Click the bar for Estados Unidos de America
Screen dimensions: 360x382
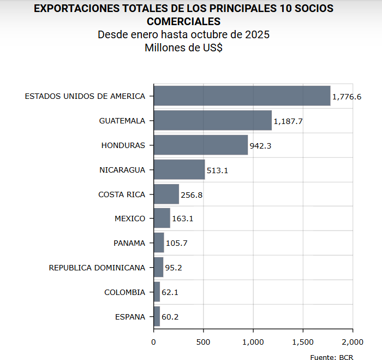tap(242, 96)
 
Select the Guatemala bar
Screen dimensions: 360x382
tap(212, 120)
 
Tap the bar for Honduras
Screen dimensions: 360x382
tap(200, 145)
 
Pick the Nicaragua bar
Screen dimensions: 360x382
tap(179, 169)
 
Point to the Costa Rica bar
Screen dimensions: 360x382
tap(166, 194)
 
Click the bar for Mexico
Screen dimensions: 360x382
tap(162, 219)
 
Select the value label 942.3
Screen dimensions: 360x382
tap(260, 146)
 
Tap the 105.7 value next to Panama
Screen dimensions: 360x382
tap(176, 243)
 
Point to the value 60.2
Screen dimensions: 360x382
tap(170, 317)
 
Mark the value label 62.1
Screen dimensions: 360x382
tap(170, 292)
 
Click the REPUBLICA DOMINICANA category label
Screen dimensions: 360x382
tap(97, 268)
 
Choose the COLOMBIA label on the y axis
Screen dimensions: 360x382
tap(125, 292)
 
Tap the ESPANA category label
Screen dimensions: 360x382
tap(130, 317)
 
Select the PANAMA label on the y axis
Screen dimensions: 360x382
tap(129, 243)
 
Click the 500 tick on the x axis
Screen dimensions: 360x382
tap(204, 342)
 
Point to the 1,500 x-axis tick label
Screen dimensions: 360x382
tap(303, 342)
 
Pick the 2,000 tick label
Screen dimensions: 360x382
tap(353, 342)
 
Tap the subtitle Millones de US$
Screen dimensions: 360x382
tap(183, 48)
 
